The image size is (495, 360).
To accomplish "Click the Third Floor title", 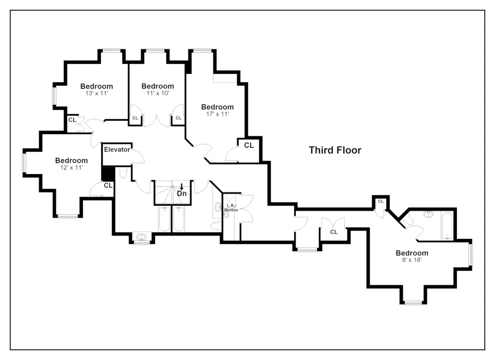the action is [x=335, y=150].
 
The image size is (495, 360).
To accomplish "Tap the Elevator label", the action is [x=117, y=149].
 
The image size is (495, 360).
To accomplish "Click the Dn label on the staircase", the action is [x=181, y=193].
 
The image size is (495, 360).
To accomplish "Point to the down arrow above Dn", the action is [x=181, y=187].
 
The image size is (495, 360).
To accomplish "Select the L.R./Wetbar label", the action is [x=231, y=207].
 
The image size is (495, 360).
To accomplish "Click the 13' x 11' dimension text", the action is [x=97, y=94].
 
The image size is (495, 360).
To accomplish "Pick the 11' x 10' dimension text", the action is [x=158, y=94].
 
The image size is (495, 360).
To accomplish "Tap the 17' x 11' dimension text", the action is [x=217, y=114].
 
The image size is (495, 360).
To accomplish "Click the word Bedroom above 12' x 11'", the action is [x=72, y=160].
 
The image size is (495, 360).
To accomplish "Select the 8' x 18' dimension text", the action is [x=412, y=260].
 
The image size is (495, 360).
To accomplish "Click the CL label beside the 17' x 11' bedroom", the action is [x=249, y=145].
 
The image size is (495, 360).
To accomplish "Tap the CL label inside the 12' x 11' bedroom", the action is [x=108, y=185].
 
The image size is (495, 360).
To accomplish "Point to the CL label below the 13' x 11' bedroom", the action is [x=72, y=120].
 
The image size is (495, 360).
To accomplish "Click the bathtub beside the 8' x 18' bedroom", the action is [x=447, y=225].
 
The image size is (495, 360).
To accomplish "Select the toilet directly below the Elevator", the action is [x=123, y=173].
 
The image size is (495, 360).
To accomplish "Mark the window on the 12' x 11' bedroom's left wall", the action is [x=24, y=162].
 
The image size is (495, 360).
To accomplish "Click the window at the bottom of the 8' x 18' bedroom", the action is [x=413, y=303].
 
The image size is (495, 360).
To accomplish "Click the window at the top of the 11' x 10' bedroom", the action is [x=156, y=50].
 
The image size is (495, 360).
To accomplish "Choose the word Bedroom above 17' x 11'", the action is [x=217, y=107].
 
